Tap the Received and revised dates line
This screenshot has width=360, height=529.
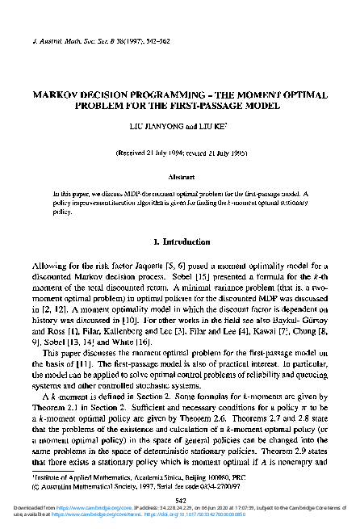point(180,152)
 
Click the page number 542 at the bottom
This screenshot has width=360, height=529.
point(180,500)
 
